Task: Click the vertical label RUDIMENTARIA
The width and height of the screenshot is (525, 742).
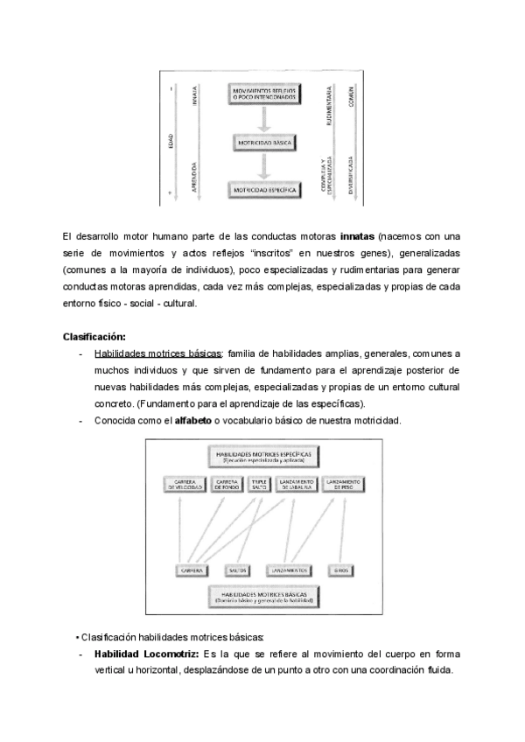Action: (328, 104)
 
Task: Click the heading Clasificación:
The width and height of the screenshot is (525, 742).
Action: (94, 337)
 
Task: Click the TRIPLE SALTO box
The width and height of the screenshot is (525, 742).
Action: (258, 484)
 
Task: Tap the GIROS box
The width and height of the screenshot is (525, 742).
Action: (341, 570)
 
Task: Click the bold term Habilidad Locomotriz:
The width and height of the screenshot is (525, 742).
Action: (147, 654)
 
